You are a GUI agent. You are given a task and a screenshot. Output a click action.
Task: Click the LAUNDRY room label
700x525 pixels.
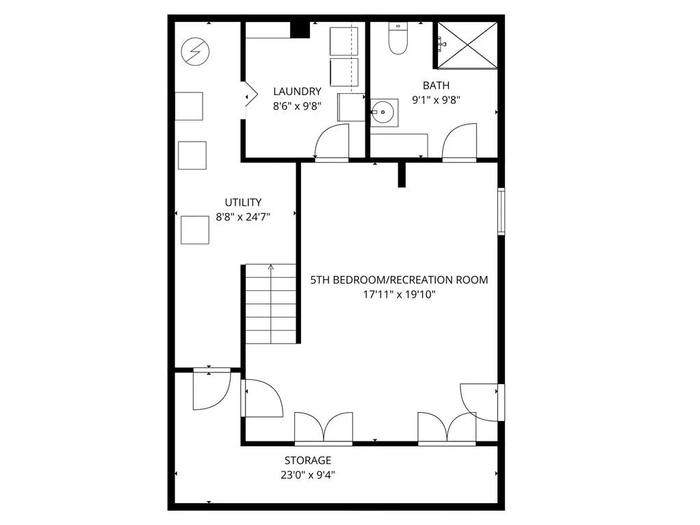297,91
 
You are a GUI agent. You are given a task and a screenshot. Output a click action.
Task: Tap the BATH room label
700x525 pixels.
436,86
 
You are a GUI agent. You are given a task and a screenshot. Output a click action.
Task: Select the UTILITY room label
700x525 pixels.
243,202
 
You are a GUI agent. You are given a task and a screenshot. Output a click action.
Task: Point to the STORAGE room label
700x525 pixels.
308,461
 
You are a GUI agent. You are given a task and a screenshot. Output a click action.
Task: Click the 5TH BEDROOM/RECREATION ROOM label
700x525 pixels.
399,280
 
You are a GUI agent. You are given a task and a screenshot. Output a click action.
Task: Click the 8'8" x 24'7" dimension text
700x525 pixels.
244,216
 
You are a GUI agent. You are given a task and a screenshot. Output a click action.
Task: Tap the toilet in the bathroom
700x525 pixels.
398,39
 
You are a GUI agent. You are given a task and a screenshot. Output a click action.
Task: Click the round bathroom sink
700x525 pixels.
384,111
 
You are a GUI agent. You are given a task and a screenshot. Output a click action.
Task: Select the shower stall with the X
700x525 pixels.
467,45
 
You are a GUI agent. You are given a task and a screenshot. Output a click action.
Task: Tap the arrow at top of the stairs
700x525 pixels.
272,268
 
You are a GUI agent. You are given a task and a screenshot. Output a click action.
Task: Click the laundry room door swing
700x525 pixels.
330,143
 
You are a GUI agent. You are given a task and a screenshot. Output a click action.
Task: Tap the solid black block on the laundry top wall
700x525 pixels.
299,29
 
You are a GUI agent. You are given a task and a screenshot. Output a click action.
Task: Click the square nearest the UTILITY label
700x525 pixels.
195,229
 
